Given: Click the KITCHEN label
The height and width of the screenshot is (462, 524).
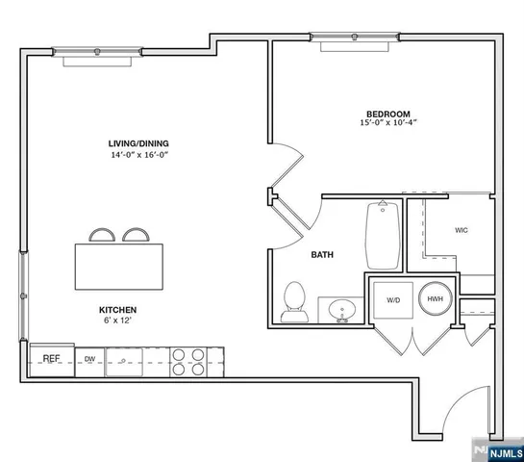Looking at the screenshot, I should pyautogui.click(x=118, y=309).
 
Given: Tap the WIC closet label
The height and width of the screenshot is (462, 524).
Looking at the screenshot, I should pyautogui.click(x=462, y=230).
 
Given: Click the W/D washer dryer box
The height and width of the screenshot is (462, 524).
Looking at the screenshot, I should pyautogui.click(x=393, y=300).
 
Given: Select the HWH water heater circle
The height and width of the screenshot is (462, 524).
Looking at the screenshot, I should pyautogui.click(x=435, y=299).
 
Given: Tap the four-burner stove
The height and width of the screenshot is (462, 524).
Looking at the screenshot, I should pyautogui.click(x=187, y=360).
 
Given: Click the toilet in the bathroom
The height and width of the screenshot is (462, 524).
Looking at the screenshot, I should pyautogui.click(x=294, y=301).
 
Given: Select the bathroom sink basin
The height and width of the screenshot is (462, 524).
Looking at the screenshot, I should pyautogui.click(x=339, y=311).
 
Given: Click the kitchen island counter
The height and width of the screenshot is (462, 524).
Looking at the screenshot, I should pyautogui.click(x=118, y=265).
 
